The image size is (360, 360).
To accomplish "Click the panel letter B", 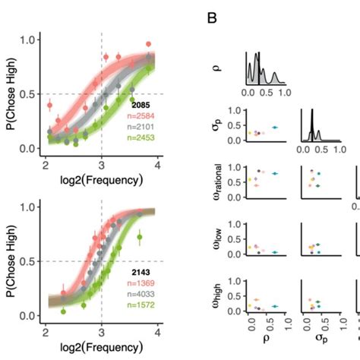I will pos(213,17).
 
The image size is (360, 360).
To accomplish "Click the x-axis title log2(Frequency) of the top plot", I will pos(102,181).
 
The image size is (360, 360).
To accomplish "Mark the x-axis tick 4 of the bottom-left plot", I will pos(158,332).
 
